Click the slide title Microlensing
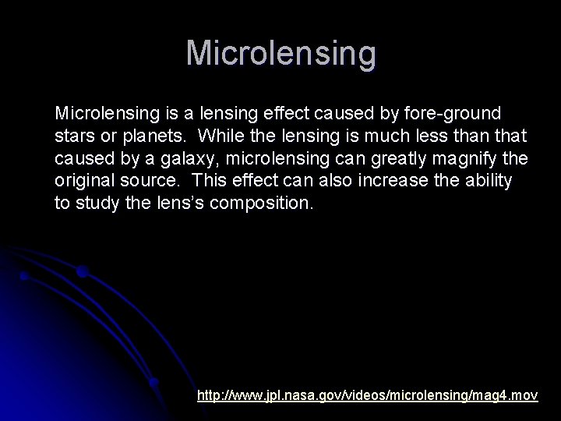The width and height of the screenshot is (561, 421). tap(280, 54)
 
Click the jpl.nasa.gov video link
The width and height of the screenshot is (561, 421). tap(367, 395)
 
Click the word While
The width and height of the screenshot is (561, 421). tap(220, 136)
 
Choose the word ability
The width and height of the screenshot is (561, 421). tap(486, 182)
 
